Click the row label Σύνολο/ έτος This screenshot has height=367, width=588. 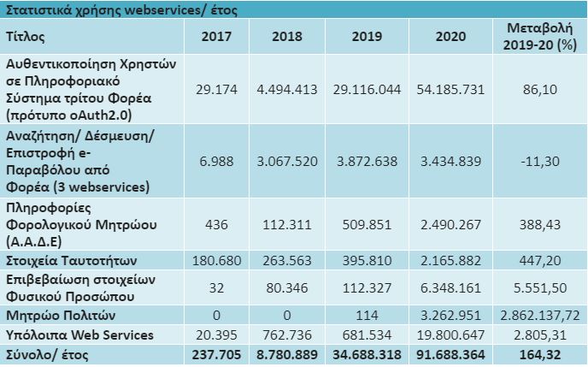point(46,352)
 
